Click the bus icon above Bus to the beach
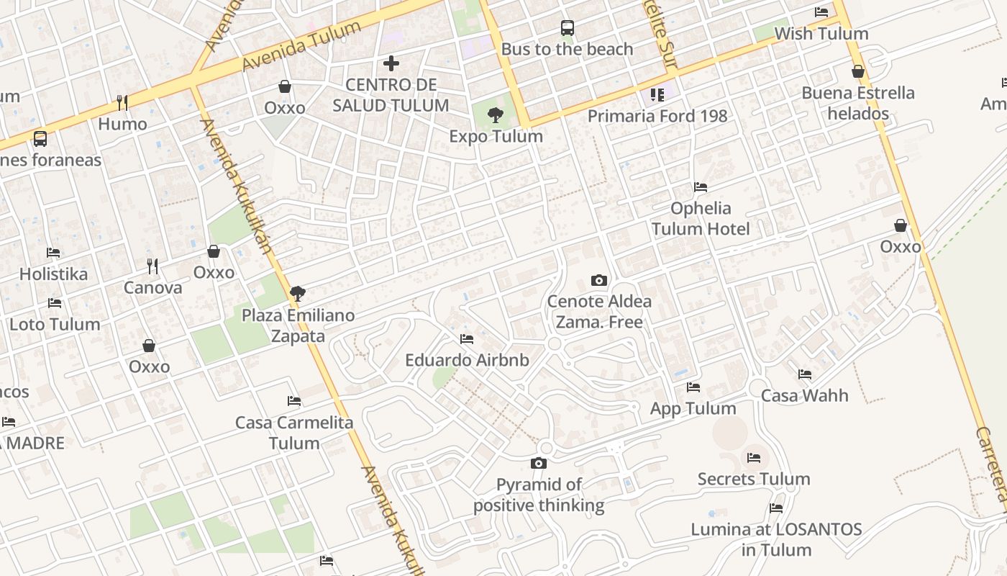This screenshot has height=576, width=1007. point(568,28)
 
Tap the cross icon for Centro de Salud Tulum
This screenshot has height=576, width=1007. point(391,63)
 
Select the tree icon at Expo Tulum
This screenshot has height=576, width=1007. point(495,114)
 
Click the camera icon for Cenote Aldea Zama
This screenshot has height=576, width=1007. point(598,280)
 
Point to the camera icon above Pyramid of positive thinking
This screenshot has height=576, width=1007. point(539,463)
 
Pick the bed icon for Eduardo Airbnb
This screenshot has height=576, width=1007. point(467,338)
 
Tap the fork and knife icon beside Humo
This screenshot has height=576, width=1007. point(122,102)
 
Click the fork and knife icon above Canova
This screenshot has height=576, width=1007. point(152,266)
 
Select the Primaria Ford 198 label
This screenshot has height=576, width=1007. point(657,116)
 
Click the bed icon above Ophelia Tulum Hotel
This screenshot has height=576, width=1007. point(701,187)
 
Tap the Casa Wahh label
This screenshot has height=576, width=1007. point(804,395)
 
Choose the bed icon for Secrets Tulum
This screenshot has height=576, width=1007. point(754,457)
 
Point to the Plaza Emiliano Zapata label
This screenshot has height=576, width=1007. point(298,325)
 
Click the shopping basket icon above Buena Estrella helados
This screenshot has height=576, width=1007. point(857,71)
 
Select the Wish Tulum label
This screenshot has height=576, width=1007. point(821,34)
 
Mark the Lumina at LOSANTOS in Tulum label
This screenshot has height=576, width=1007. point(776,539)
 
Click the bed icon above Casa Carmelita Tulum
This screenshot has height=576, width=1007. point(294,400)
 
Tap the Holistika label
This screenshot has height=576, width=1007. point(53,274)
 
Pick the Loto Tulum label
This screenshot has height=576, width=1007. point(55,324)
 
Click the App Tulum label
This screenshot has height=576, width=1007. point(693,409)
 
